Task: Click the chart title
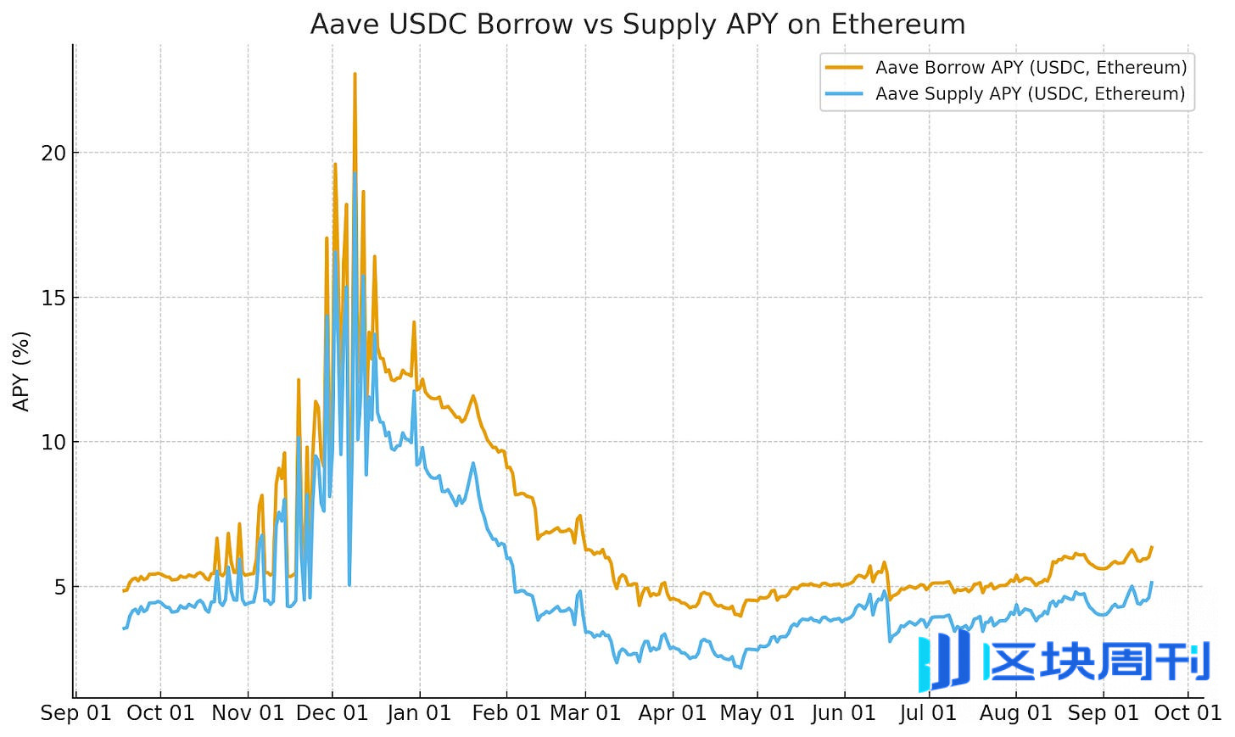pyautogui.click(x=638, y=24)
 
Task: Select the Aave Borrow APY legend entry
pyautogui.click(x=1031, y=68)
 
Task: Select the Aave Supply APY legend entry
pyautogui.click(x=1030, y=94)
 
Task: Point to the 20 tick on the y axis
pyautogui.click(x=53, y=154)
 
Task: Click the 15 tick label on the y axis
pyautogui.click(x=53, y=298)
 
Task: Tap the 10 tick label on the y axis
pyautogui.click(x=53, y=443)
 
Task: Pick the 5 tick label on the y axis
pyautogui.click(x=59, y=587)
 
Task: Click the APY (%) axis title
pyautogui.click(x=21, y=371)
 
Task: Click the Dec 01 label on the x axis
pyautogui.click(x=332, y=713)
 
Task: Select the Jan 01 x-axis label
pyautogui.click(x=419, y=713)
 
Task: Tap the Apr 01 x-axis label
pyautogui.click(x=672, y=713)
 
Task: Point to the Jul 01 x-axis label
pyautogui.click(x=928, y=713)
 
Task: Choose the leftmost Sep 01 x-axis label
pyautogui.click(x=75, y=713)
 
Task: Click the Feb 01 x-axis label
pyautogui.click(x=506, y=713)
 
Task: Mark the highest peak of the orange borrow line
pyautogui.click(x=355, y=75)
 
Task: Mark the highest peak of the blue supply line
pyautogui.click(x=355, y=173)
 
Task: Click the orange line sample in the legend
pyautogui.click(x=844, y=68)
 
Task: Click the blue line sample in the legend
pyautogui.click(x=844, y=94)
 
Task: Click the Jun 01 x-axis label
pyautogui.click(x=843, y=713)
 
